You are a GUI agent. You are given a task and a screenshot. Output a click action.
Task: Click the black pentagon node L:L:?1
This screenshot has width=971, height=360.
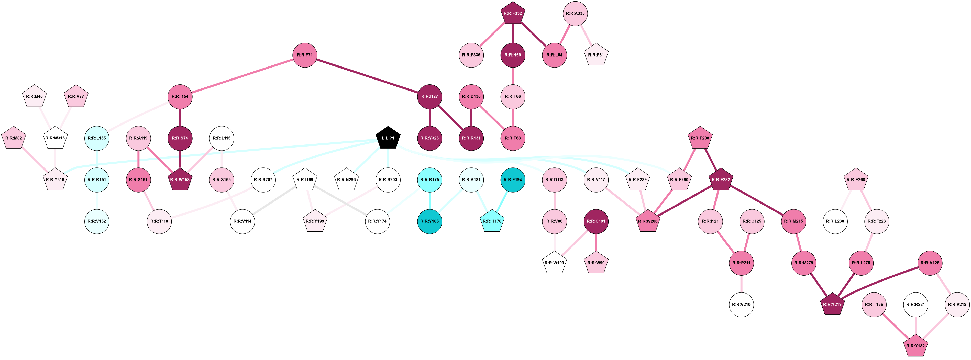[x=388, y=138]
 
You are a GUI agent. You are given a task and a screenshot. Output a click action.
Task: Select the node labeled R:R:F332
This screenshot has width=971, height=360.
[x=513, y=14]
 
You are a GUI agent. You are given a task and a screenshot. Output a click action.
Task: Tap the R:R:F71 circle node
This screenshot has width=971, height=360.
[x=305, y=55]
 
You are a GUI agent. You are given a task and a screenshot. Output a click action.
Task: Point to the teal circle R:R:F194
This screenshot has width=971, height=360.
[x=513, y=180]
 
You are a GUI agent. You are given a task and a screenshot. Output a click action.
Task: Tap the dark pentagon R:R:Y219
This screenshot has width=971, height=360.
[x=832, y=305]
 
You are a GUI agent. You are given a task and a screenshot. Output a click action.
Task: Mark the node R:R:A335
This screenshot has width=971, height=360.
[x=575, y=14]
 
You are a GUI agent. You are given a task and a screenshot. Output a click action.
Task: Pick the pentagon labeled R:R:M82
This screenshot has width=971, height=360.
[x=14, y=138]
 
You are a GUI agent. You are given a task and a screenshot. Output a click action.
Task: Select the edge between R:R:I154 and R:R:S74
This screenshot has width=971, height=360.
[x=180, y=117]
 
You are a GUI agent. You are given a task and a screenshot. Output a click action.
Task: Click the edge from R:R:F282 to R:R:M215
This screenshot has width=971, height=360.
[x=757, y=200]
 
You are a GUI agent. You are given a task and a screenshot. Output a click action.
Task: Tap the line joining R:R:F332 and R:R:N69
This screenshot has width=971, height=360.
[x=513, y=34]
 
